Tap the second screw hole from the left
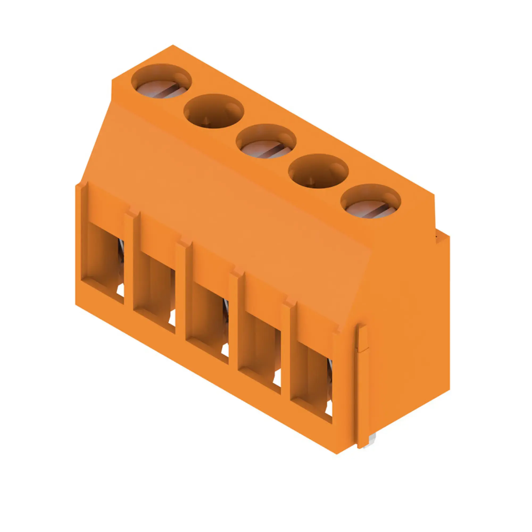pyautogui.click(x=214, y=111)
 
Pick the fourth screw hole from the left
pyautogui.click(x=318, y=171)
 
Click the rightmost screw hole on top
pyautogui.click(x=371, y=201)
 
